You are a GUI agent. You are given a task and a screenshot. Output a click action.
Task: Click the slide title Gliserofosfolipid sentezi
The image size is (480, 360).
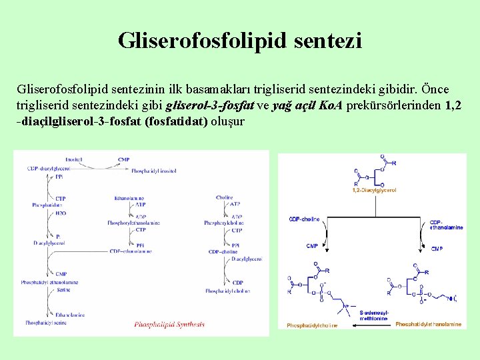pyautogui.click(x=240, y=41)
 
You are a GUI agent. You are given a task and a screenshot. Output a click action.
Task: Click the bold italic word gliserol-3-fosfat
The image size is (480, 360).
pyautogui.click(x=209, y=105)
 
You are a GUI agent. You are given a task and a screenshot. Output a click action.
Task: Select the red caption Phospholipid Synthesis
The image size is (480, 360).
pyautogui.click(x=169, y=325)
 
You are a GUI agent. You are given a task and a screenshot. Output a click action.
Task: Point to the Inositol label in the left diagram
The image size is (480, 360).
pyautogui.click(x=74, y=159)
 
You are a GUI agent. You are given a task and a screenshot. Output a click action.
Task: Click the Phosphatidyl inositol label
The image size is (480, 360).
pyautogui.click(x=153, y=171)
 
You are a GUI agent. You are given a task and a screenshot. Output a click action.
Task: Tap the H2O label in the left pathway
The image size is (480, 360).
pyautogui.click(x=61, y=213)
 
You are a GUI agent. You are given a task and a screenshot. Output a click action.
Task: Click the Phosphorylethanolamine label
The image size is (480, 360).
pyautogui.click(x=133, y=223)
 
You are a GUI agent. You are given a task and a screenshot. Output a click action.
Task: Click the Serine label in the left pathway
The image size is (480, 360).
pyautogui.click(x=63, y=290)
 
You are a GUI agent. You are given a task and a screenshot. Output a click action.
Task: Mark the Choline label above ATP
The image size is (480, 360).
pyautogui.click(x=225, y=197)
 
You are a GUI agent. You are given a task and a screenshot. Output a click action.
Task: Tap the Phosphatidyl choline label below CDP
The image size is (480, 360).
pyautogui.click(x=227, y=291)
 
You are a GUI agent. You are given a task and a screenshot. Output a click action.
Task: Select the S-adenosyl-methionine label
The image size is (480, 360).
pyautogui.click(x=373, y=315)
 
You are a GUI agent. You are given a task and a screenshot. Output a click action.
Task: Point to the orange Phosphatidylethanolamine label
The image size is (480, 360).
pyautogui.click(x=428, y=324)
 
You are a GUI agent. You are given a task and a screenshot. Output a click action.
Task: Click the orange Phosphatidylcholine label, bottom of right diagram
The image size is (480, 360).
pyautogui.click(x=312, y=325)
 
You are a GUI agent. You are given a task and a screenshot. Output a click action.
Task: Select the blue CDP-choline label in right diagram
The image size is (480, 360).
pyautogui.click(x=304, y=219)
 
